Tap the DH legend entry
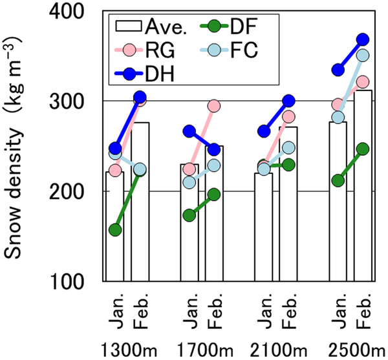tap(146, 71)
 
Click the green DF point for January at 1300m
tap(115, 230)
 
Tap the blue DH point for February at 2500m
tap(362, 39)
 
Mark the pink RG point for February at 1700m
tap(214, 105)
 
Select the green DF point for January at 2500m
tap(337, 180)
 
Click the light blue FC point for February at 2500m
tap(362, 56)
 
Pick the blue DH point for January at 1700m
tap(189, 131)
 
